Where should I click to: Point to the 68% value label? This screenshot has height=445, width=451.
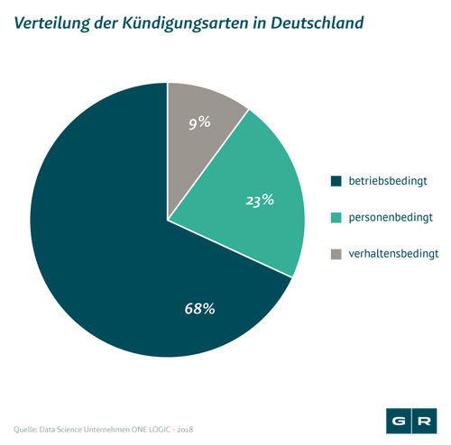(199, 308)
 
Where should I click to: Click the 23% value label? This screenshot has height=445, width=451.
(260, 200)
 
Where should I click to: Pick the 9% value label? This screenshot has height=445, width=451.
(199, 123)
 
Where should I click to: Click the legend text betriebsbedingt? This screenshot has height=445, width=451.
(388, 181)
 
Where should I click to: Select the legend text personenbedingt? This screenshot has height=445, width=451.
(391, 217)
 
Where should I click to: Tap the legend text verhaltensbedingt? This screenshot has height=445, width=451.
(393, 254)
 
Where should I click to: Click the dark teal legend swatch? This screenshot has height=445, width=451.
(336, 181)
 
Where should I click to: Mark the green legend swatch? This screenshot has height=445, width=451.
(336, 218)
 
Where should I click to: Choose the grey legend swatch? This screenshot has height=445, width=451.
(336, 254)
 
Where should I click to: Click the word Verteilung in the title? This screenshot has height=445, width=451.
(51, 23)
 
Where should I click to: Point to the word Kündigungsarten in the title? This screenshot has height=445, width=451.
(185, 24)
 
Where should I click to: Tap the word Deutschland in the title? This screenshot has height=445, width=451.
(318, 23)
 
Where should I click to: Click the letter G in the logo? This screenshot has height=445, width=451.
(399, 421)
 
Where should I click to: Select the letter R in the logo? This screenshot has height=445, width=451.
(424, 421)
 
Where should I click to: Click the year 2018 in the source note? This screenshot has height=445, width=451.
(185, 430)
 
